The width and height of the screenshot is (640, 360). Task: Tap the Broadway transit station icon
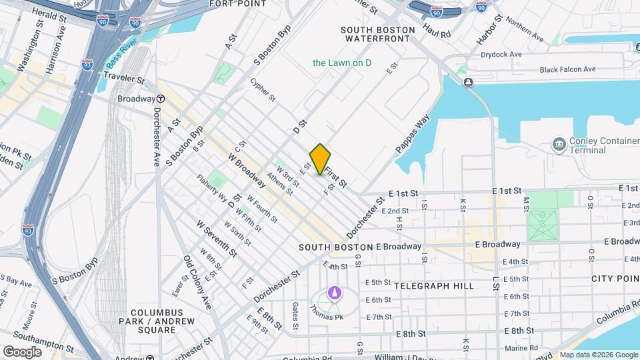click(161, 99)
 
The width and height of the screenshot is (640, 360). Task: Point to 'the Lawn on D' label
click(342, 63)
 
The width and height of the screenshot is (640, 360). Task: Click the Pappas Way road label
click(413, 135)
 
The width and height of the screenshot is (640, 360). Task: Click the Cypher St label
click(263, 90)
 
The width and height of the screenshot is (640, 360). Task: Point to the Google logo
click(23, 351)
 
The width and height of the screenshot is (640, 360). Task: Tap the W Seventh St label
click(216, 238)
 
